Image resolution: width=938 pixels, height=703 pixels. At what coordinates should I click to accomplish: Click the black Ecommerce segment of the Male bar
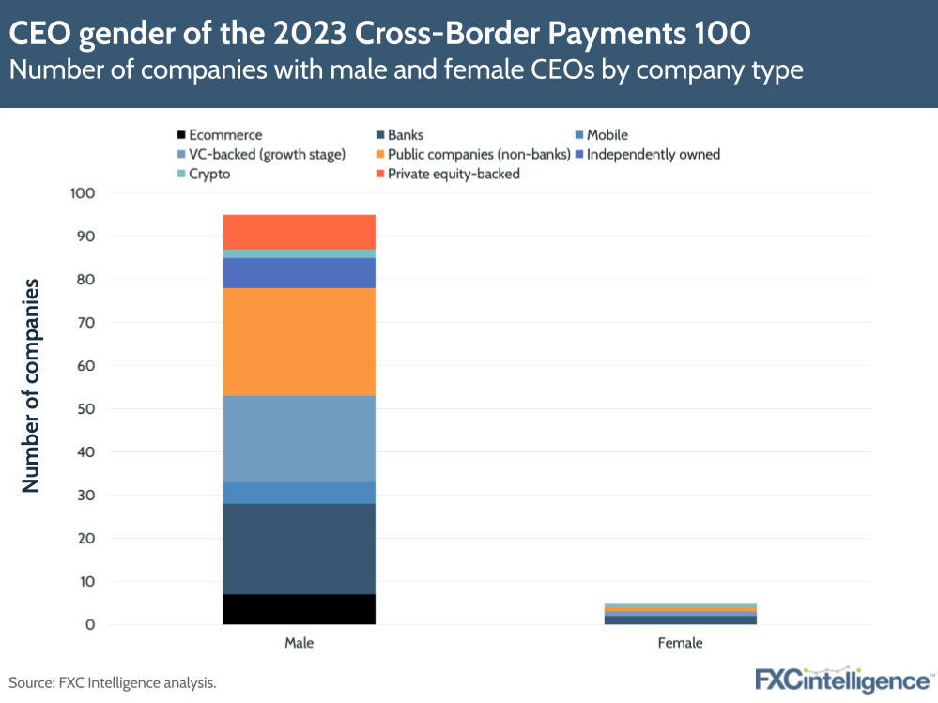pos(299,609)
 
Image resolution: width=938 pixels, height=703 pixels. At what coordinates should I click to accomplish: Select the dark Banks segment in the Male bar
pos(299,549)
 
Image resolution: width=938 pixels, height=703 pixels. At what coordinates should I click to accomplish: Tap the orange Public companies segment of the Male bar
pos(299,342)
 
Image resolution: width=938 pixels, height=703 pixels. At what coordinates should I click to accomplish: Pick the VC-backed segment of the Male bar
pos(299,438)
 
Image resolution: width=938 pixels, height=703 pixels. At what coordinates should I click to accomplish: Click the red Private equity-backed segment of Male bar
pos(299,232)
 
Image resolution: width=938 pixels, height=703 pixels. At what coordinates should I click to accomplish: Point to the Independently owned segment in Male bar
pos(299,272)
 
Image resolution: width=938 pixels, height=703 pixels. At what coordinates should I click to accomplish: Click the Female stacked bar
pos(680,614)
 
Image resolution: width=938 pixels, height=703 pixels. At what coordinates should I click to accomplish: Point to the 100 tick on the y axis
pos(84,193)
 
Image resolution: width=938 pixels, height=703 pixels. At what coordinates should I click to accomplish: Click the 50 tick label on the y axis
pos(87,409)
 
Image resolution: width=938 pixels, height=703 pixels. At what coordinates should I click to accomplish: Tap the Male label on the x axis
pos(299,644)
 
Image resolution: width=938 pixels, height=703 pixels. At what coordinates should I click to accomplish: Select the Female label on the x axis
pos(680,644)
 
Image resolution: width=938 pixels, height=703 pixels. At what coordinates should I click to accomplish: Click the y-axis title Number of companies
pos(31,385)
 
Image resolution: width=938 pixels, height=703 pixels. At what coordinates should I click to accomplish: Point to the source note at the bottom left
pos(113,683)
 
